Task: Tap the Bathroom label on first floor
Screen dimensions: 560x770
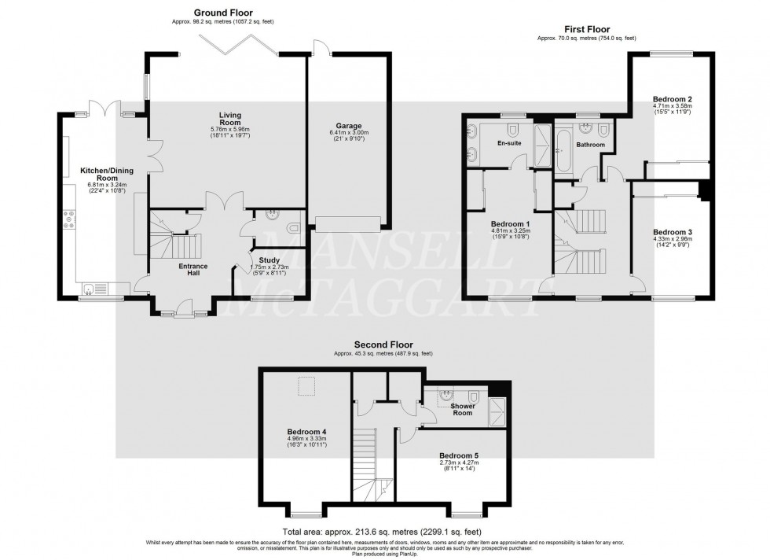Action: (x=590, y=145)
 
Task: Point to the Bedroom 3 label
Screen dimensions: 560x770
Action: (x=673, y=232)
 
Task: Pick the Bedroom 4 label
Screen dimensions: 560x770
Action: (x=306, y=432)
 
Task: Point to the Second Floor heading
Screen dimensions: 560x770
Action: (x=383, y=344)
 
